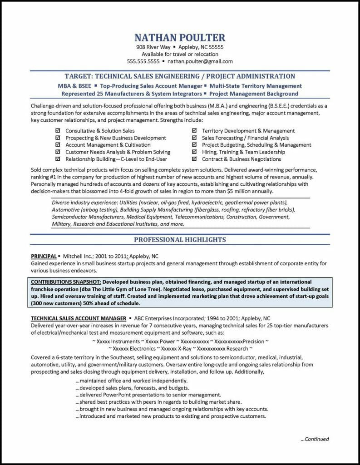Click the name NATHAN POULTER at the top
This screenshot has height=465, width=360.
(180, 37)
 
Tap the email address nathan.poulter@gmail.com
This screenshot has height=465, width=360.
(200, 61)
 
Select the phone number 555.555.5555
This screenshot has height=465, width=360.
(143, 61)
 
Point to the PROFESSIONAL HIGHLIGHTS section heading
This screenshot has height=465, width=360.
(180, 239)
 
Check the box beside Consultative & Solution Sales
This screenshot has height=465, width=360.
(58, 131)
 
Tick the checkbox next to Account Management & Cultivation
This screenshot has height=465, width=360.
(58, 145)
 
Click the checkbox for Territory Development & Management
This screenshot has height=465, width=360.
(194, 131)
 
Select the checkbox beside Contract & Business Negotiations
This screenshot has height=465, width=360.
(194, 159)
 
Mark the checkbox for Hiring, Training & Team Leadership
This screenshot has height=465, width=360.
(194, 152)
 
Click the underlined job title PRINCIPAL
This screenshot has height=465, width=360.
(44, 256)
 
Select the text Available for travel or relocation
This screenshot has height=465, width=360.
(180, 54)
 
